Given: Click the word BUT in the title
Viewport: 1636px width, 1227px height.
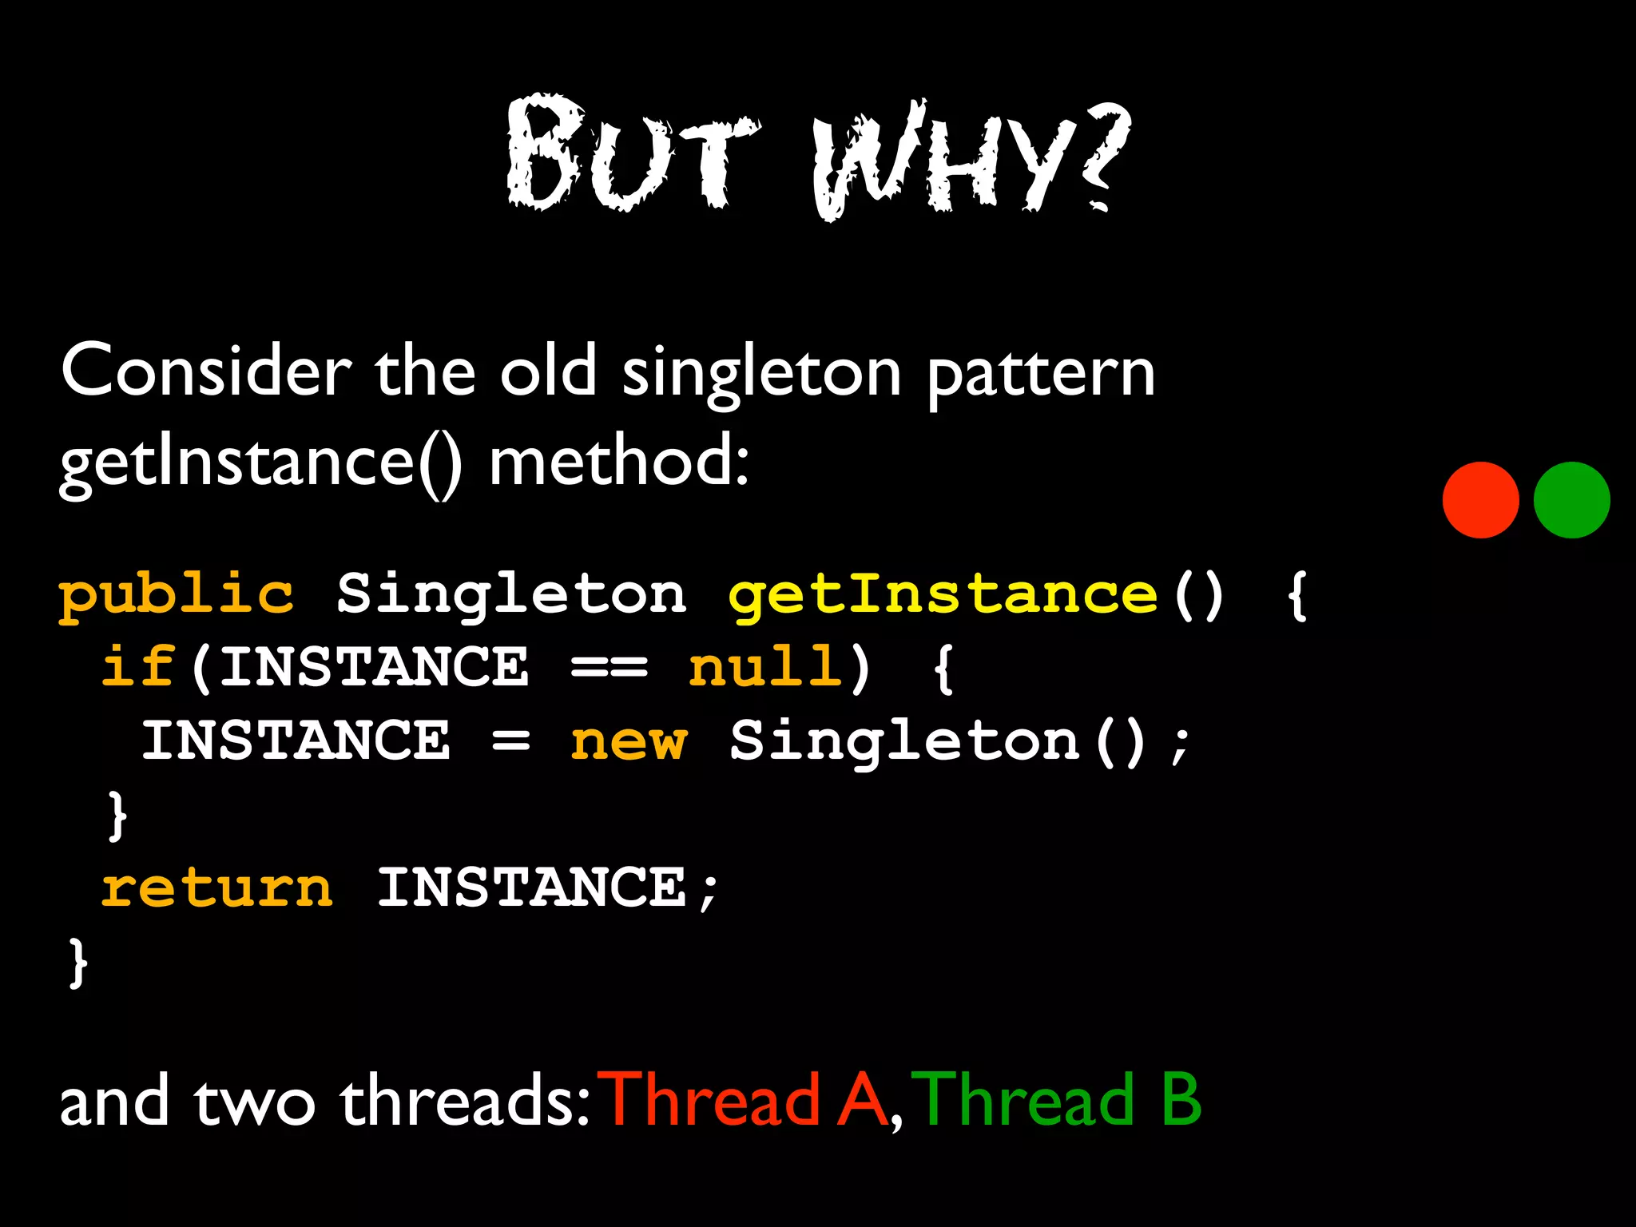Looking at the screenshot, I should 631,156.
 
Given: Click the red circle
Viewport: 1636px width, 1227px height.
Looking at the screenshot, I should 1480,500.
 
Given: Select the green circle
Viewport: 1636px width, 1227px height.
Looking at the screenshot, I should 1571,500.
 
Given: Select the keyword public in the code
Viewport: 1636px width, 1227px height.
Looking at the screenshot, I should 177,596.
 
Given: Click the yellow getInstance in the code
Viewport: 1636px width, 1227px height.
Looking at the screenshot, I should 943,596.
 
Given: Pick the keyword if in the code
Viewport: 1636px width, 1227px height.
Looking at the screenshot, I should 137,667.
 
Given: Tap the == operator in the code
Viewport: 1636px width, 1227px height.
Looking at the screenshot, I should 609,667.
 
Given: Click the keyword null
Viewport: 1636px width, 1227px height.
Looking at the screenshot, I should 765,667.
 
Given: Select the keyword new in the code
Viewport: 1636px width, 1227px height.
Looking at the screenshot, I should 628,741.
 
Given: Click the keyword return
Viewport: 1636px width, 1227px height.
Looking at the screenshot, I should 216,888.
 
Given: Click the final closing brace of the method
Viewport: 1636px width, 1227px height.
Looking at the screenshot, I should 77,963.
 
